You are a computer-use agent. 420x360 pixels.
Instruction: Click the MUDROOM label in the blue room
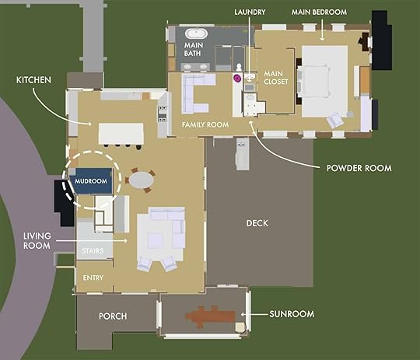91,181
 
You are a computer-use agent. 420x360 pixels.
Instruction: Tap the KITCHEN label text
33,80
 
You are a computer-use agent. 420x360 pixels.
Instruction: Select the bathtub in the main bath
196,33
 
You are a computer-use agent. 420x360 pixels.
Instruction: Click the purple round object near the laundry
237,79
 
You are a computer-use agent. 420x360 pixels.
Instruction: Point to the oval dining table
142,180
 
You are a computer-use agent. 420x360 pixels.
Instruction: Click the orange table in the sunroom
211,316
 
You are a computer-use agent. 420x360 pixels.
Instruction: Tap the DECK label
257,223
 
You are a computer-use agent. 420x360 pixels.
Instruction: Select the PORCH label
113,316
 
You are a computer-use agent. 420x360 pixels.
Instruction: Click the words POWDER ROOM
359,168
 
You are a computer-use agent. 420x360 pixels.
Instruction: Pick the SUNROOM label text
292,314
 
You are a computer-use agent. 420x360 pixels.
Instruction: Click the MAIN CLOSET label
275,78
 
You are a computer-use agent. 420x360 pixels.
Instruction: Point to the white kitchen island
121,134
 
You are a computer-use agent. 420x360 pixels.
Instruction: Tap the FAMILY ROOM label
205,124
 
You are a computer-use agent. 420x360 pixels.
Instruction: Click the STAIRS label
93,251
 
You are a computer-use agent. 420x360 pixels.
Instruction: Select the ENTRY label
93,278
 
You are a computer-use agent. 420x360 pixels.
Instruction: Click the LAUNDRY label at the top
250,12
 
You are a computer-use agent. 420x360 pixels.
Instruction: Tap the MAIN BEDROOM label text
319,12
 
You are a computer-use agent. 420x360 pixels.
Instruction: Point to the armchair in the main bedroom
334,120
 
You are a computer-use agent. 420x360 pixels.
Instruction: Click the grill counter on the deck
243,154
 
